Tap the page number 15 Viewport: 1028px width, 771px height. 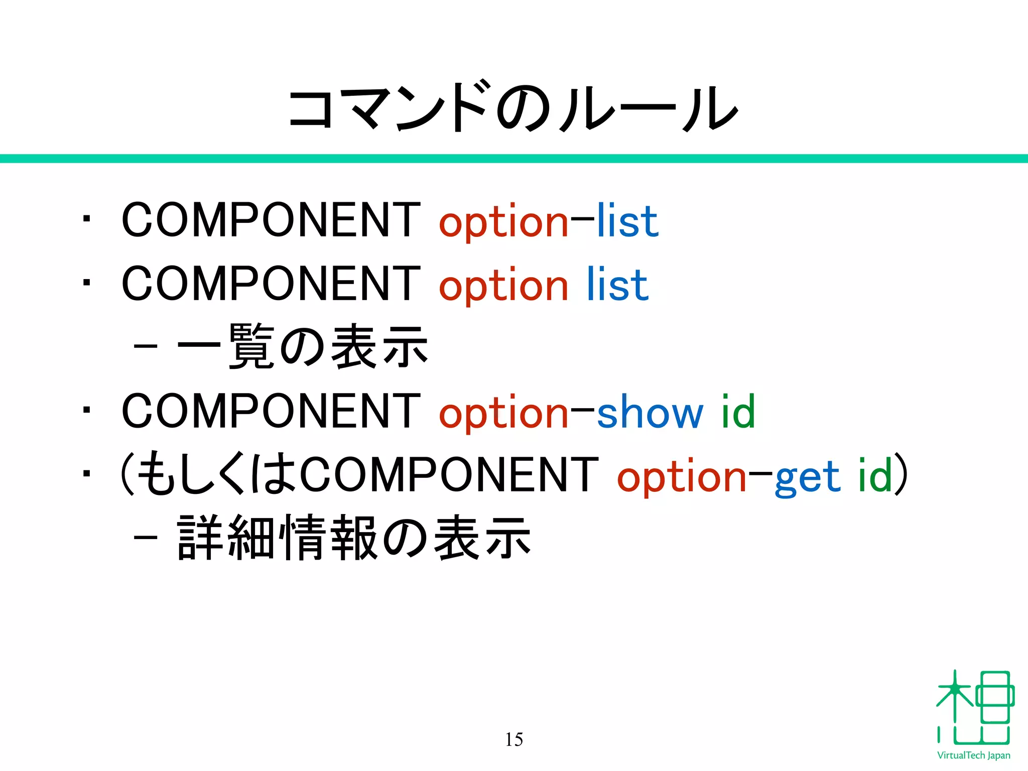[513, 739]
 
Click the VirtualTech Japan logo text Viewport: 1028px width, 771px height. [973, 755]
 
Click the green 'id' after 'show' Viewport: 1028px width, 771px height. [738, 412]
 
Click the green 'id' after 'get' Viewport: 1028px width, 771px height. [874, 475]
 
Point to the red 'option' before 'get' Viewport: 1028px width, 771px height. [682, 477]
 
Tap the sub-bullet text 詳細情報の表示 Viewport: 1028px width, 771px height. [354, 538]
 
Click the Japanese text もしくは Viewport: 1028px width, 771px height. [216, 474]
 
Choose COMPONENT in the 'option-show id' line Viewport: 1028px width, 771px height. [271, 411]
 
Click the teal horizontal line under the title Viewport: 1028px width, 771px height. [514, 159]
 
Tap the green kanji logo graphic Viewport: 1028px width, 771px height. [974, 708]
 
